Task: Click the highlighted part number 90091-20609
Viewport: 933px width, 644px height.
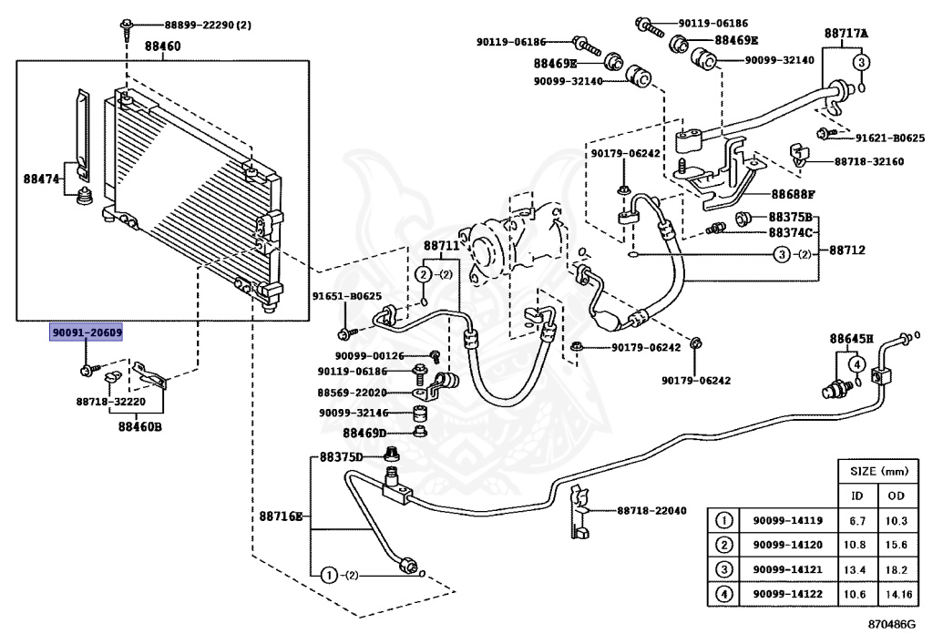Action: [x=87, y=332]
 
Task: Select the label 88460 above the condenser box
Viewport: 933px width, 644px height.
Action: [x=162, y=46]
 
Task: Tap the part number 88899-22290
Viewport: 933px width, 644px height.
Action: [x=199, y=25]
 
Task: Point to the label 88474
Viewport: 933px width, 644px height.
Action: [x=42, y=179]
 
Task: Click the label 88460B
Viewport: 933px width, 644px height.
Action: [x=139, y=426]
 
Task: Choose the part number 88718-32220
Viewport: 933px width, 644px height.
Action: [x=110, y=402]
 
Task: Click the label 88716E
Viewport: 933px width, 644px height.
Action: [x=281, y=516]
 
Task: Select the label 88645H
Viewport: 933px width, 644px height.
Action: [x=852, y=339]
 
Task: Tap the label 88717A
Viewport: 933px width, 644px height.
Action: [x=846, y=34]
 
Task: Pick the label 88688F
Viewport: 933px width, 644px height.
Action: [x=794, y=194]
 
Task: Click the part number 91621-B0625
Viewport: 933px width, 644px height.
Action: [x=890, y=138]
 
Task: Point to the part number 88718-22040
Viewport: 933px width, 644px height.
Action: [x=651, y=510]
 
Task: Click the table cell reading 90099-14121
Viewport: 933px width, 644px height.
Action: [x=788, y=569]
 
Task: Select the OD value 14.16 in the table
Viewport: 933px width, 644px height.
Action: [x=898, y=594]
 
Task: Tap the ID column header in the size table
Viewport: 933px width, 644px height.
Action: [x=856, y=496]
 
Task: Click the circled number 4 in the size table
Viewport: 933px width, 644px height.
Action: [x=724, y=594]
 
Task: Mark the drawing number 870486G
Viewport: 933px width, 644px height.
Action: [x=891, y=624]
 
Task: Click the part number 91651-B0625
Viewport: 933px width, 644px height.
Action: [x=347, y=296]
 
